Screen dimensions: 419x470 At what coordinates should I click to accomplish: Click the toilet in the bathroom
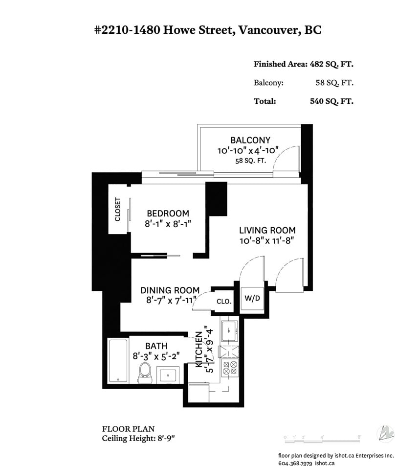(145, 373)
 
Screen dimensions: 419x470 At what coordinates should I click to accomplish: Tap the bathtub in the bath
(118, 361)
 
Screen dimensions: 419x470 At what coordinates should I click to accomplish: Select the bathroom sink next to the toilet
(168, 375)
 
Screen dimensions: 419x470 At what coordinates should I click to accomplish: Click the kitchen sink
(230, 331)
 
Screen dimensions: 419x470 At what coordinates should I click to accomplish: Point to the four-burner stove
(230, 368)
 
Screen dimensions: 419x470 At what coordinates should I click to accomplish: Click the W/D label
(252, 298)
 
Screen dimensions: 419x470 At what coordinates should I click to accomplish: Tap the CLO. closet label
(224, 301)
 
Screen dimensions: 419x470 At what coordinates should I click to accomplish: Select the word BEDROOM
(168, 213)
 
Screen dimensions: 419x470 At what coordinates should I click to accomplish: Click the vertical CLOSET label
(118, 209)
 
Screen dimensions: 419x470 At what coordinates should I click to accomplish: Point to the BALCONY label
(250, 140)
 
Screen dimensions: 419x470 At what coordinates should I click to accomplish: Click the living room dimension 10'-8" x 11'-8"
(267, 240)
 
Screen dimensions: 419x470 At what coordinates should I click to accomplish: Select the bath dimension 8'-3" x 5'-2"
(156, 356)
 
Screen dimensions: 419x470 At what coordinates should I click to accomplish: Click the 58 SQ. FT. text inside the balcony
(250, 161)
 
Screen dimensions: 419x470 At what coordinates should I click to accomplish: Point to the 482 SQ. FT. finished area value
(331, 64)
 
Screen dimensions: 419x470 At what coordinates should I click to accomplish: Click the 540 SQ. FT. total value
(331, 101)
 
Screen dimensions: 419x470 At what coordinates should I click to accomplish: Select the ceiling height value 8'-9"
(166, 438)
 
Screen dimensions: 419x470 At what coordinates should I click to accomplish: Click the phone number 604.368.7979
(295, 463)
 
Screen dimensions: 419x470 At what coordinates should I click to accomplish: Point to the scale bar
(322, 440)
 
